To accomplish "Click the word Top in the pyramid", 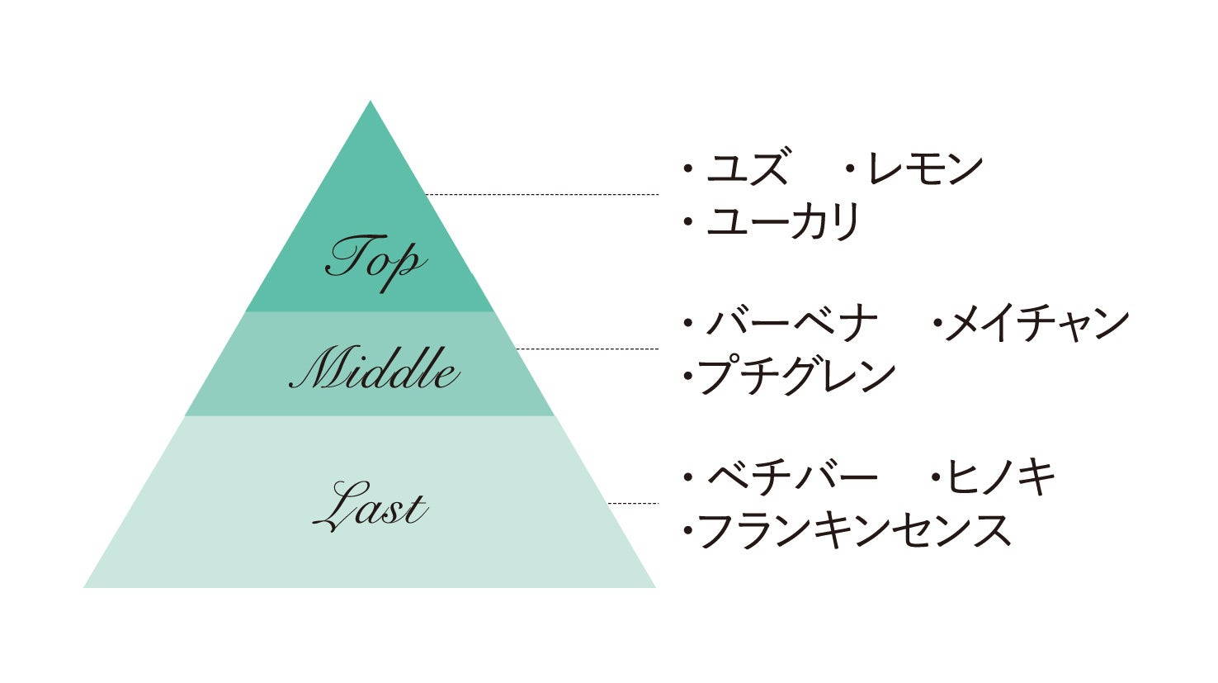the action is [x=375, y=261].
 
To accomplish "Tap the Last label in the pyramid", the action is [x=371, y=505].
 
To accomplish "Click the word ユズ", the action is [x=748, y=168].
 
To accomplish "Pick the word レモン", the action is [x=924, y=168].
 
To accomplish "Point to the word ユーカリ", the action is [x=783, y=221].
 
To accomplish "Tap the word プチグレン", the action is [x=796, y=376].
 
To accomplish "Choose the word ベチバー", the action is [x=792, y=477].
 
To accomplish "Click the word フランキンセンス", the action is [x=855, y=531].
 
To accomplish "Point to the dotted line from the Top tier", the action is [x=541, y=195].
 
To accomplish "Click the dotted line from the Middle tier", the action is [x=587, y=349].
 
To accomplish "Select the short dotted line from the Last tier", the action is [x=633, y=503].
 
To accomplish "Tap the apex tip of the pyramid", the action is [x=371, y=103].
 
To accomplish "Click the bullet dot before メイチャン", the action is [x=937, y=324].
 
